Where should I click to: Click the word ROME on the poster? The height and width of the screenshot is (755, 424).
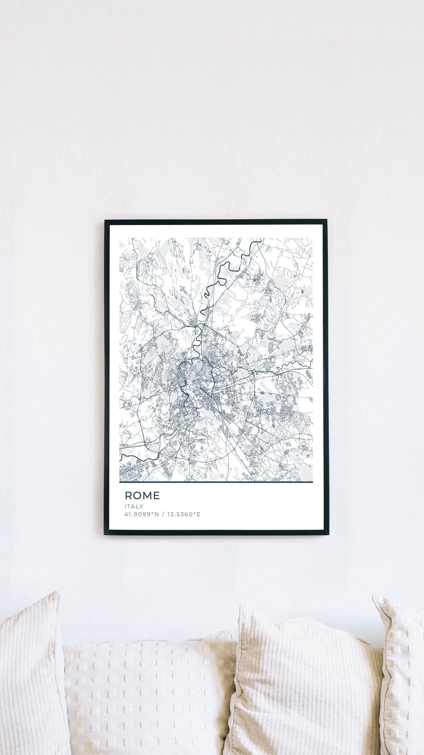click(142, 496)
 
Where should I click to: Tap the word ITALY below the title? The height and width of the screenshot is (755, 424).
click(134, 507)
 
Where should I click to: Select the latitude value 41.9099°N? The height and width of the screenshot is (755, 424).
click(140, 514)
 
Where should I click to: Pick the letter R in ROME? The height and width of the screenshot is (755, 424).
click(128, 496)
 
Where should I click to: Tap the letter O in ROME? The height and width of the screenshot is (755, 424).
click(137, 496)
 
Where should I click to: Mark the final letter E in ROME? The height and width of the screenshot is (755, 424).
click(157, 496)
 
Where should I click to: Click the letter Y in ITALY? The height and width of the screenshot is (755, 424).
click(141, 507)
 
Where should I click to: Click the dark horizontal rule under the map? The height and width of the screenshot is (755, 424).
click(216, 482)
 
